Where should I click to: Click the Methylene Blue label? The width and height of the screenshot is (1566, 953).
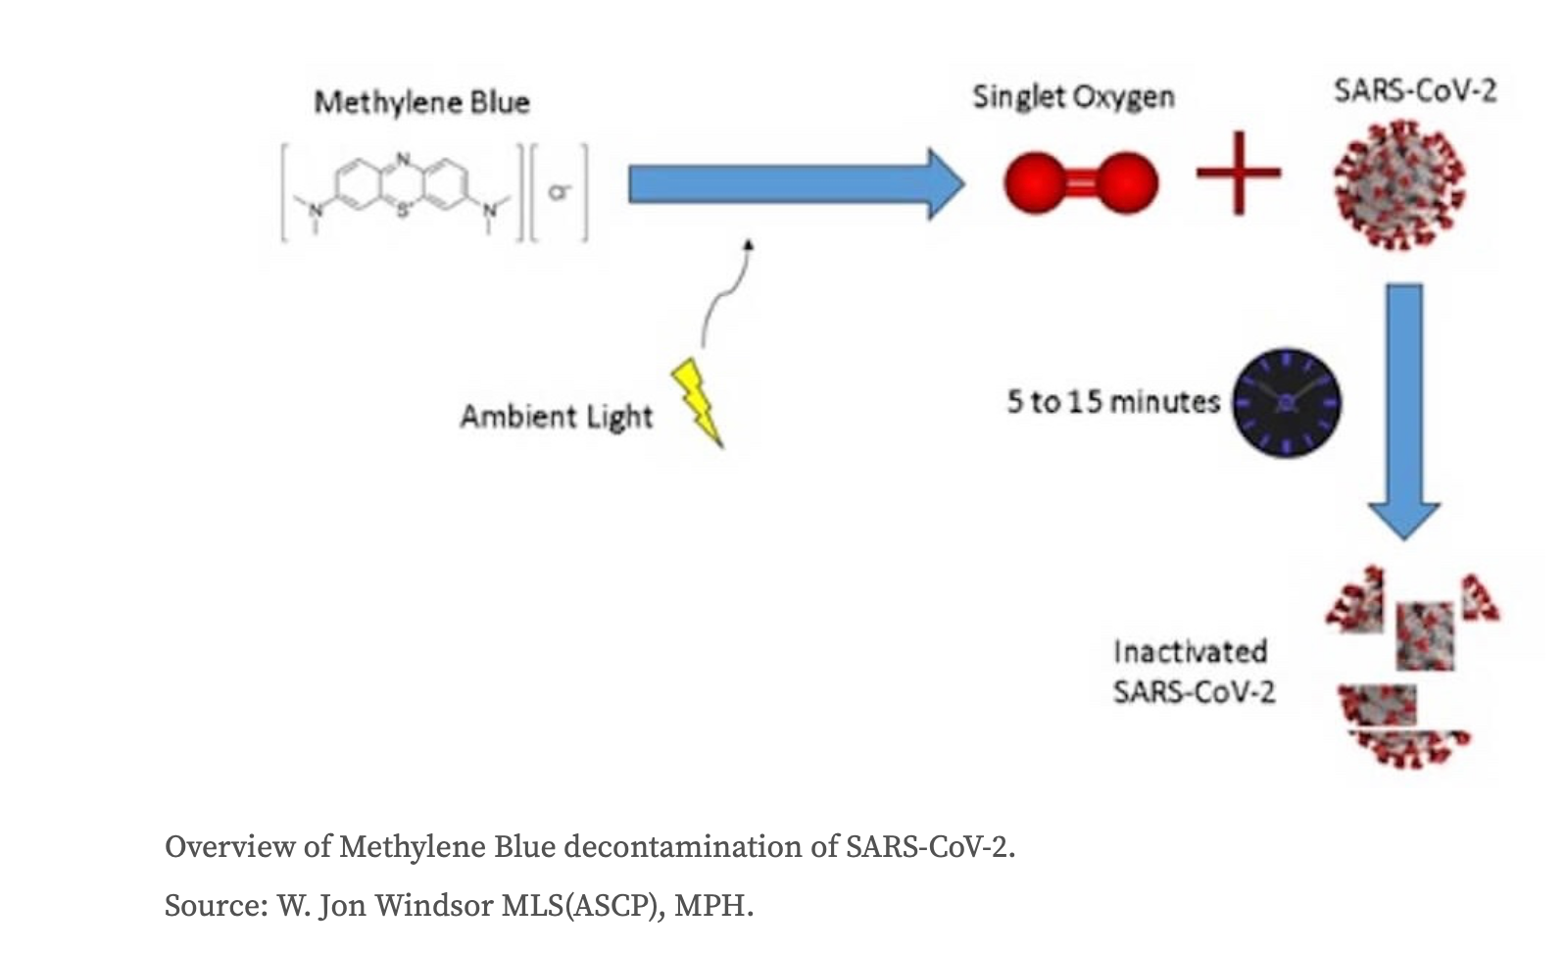[421, 102]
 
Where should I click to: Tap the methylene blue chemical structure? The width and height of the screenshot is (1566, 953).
[402, 192]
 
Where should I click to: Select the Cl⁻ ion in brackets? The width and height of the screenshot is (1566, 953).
[560, 192]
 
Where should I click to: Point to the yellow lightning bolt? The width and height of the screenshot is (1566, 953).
[698, 401]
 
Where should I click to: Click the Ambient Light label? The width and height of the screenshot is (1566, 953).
[556, 417]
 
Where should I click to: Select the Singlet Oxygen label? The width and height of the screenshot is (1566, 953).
[1073, 97]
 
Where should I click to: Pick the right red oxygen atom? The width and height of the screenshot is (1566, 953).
[1126, 183]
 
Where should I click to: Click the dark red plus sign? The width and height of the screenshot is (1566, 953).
[1238, 174]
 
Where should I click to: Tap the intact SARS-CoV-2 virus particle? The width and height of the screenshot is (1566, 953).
[1399, 185]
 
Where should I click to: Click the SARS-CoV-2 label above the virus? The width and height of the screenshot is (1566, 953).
[1414, 91]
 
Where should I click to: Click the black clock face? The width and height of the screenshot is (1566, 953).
[1286, 402]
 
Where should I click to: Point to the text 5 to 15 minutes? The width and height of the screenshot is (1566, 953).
[1113, 402]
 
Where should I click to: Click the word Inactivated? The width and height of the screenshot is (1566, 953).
[1190, 651]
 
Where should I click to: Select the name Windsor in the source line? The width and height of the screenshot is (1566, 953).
[434, 905]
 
